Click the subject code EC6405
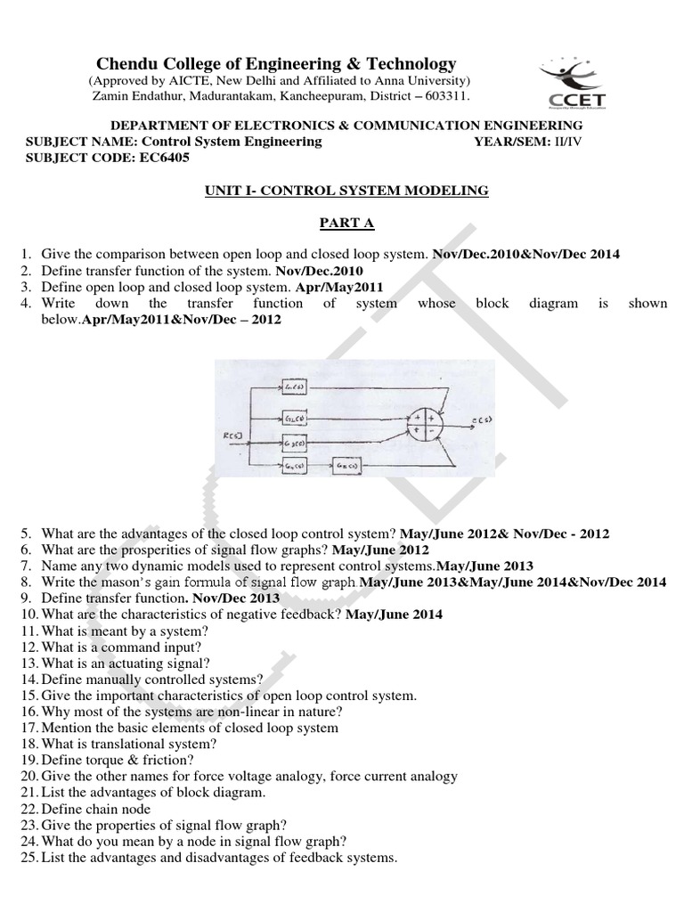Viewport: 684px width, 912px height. point(164,158)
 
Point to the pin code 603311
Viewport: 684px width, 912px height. point(444,95)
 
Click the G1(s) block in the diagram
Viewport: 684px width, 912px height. point(294,384)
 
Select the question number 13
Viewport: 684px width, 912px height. point(29,664)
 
